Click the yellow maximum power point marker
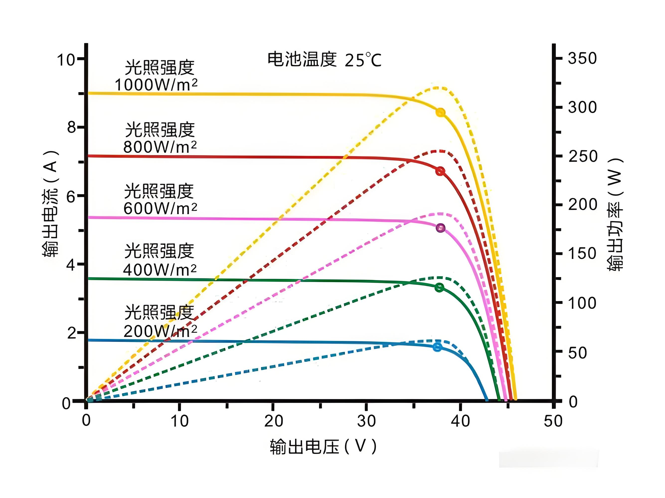pyautogui.click(x=440, y=112)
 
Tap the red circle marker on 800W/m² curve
pyautogui.click(x=440, y=171)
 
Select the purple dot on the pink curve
pyautogui.click(x=440, y=228)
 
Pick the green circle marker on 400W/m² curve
pyautogui.click(x=439, y=287)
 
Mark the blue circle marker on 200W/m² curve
pyautogui.click(x=437, y=347)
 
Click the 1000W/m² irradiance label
pyautogui.click(x=156, y=84)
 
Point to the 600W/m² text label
pyautogui.click(x=160, y=208)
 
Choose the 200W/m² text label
pyautogui.click(x=160, y=331)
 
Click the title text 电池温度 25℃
pyautogui.click(x=324, y=60)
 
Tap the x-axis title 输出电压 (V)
pyautogui.click(x=323, y=447)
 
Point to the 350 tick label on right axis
pyautogui.click(x=582, y=58)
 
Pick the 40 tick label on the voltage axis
pyautogui.click(x=460, y=421)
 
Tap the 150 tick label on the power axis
pyautogui.click(x=582, y=253)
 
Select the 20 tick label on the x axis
pyautogui.click(x=273, y=421)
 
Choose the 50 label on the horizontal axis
pyautogui.click(x=553, y=421)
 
